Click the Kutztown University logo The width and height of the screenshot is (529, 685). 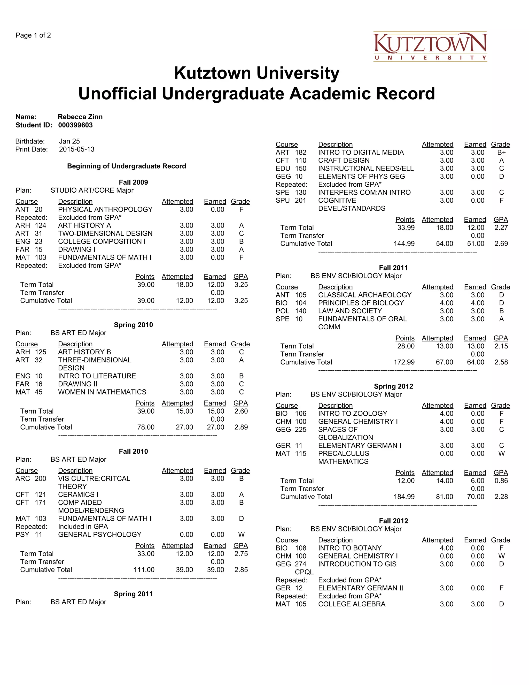tap(430, 47)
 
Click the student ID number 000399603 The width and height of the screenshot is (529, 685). tap(75, 125)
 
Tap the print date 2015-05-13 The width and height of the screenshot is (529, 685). tap(76, 149)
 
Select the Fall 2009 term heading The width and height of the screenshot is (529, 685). tap(133, 182)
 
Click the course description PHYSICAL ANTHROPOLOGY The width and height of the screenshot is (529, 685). tap(105, 210)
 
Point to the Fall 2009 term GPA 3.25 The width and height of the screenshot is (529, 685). tap(241, 285)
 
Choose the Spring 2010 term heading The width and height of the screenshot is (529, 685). tap(133, 325)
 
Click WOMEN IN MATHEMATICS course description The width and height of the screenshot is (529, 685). tap(102, 392)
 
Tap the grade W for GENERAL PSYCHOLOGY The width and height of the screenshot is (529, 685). tap(241, 535)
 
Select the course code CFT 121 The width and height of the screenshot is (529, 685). tap(31, 494)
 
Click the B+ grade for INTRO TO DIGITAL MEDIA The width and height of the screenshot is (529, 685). tap(501, 153)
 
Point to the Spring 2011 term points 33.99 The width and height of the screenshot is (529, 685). tap(406, 228)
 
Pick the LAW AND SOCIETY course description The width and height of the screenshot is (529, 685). tap(350, 311)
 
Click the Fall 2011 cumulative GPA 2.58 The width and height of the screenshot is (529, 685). tap(501, 362)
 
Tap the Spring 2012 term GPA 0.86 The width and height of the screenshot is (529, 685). tap(501, 481)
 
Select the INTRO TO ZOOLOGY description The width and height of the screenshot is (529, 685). tap(353, 414)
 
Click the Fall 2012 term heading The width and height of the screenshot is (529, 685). tap(393, 521)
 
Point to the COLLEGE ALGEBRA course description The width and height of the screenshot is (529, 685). tap(352, 604)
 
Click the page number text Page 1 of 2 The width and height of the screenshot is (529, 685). tap(33, 35)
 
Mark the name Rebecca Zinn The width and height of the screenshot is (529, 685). tap(80, 117)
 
